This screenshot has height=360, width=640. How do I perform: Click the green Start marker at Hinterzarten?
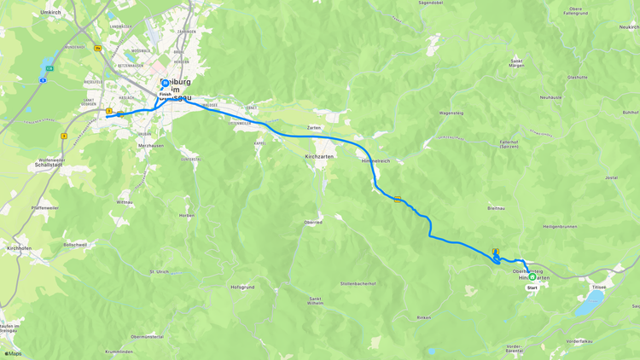(x=532, y=276)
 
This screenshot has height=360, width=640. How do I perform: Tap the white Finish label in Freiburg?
(x=165, y=94)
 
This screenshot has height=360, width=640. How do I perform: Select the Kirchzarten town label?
(x=319, y=157)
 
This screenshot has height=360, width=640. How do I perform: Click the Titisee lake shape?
(x=589, y=304)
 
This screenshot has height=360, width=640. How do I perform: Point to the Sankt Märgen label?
(x=516, y=63)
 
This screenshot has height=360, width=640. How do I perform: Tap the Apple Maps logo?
(x=13, y=353)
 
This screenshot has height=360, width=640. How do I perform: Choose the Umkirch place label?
(x=51, y=12)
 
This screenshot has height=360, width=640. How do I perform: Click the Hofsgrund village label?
(x=242, y=287)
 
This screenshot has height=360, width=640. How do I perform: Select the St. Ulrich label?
(x=159, y=272)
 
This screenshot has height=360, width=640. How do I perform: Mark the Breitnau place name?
(x=496, y=207)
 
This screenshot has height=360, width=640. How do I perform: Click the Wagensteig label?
(x=451, y=113)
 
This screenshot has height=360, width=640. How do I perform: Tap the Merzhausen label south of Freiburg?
(x=151, y=146)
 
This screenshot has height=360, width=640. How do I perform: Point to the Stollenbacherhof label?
(x=358, y=283)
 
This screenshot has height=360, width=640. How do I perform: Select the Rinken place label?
(x=423, y=317)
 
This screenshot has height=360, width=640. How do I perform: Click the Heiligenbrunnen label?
(x=560, y=226)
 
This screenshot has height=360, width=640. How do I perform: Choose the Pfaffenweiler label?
(x=45, y=207)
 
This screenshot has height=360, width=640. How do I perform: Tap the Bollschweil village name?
(x=75, y=245)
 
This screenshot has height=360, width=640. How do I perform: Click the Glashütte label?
(x=577, y=77)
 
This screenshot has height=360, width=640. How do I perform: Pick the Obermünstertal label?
(x=147, y=336)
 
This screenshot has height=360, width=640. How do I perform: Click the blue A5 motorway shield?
(x=43, y=80)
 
